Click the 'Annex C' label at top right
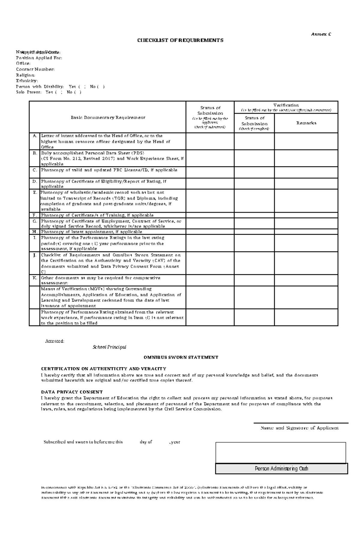(321, 34)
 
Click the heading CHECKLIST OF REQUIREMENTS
(180, 40)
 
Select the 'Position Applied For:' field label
(39, 58)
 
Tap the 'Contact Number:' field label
(35, 69)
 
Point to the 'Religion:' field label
(25, 75)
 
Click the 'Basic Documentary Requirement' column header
(108, 117)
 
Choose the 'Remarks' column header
(306, 123)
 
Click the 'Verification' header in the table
(286, 105)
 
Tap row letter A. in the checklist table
(34, 136)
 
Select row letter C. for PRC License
(34, 170)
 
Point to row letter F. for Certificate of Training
(34, 215)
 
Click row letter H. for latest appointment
(34, 232)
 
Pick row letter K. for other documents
(34, 278)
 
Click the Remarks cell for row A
(306, 141)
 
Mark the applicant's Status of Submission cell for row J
(210, 263)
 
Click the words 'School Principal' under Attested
(109, 347)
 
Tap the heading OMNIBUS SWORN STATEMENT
(181, 357)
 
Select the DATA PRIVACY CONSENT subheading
(72, 392)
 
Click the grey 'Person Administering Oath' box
(281, 468)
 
